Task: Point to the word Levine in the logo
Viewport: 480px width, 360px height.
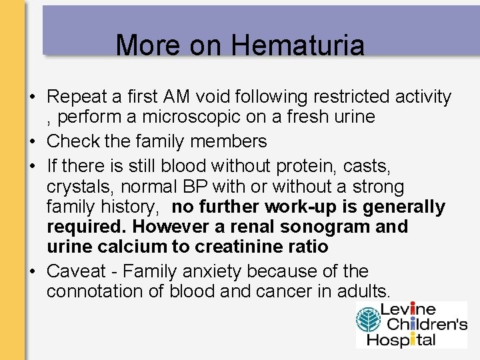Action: coord(408,309)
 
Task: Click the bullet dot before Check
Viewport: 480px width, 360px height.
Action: coord(31,141)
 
